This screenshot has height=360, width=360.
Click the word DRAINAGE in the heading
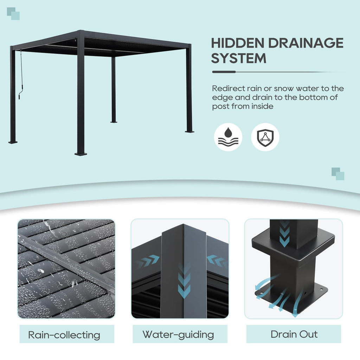click(x=306, y=43)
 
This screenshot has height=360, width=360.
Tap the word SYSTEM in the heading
click(x=239, y=58)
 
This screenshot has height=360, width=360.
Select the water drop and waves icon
click(x=228, y=137)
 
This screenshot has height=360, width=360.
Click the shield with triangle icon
click(x=265, y=137)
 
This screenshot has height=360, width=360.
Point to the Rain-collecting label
click(x=64, y=335)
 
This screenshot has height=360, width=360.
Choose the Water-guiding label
click(x=178, y=335)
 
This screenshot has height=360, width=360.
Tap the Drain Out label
click(x=294, y=334)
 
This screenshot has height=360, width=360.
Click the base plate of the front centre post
click(x=81, y=154)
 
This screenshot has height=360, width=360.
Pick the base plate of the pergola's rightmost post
click(x=189, y=131)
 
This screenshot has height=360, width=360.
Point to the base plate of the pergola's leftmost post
click(x=13, y=142)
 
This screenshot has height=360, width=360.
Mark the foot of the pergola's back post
click(x=114, y=122)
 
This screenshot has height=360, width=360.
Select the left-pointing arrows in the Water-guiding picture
click(x=217, y=261)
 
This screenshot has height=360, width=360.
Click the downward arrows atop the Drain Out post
click(x=284, y=233)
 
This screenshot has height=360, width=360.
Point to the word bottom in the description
click(x=307, y=97)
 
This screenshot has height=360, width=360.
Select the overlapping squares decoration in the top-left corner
click(x=13, y=14)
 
